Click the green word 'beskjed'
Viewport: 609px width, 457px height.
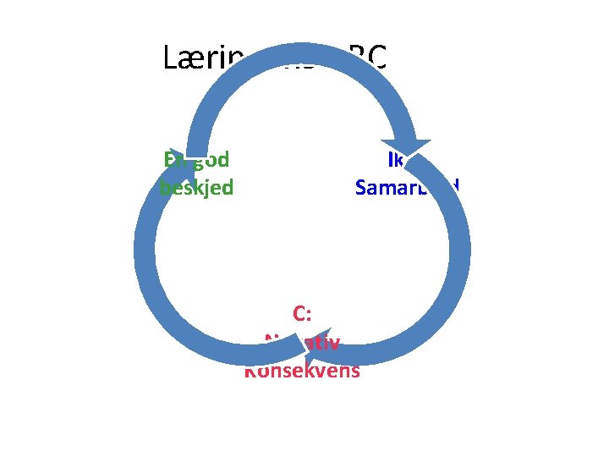(197, 187)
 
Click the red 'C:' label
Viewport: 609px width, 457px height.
(302, 314)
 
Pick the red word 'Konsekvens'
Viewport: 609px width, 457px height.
(303, 371)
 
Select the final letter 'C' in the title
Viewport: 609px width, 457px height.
(377, 58)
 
